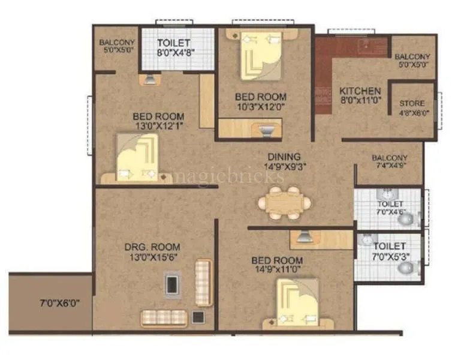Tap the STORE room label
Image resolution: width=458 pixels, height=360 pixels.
click(x=412, y=103)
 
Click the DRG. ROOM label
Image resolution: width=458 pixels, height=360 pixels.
click(x=152, y=247)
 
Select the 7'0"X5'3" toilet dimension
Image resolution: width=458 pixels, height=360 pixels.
click(x=389, y=256)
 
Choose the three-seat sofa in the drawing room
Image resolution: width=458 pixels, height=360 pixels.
click(x=164, y=317)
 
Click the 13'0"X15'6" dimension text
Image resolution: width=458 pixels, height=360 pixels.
click(x=152, y=257)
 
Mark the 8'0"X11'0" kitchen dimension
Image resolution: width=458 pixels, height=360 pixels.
click(x=360, y=101)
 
